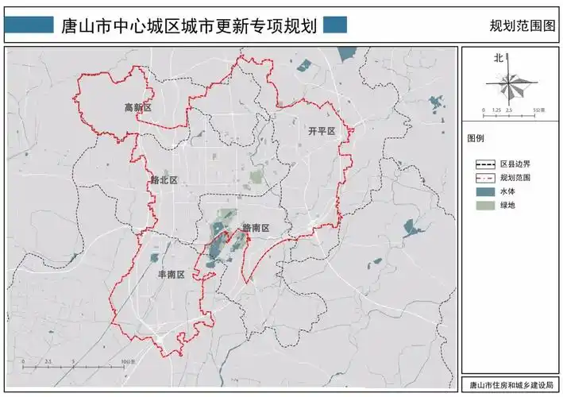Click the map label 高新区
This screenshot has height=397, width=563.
click(137, 107)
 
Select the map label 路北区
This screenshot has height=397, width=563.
click(164, 180)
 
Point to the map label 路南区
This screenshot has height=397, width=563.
click(256, 228)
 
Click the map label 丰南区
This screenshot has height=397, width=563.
click(171, 275)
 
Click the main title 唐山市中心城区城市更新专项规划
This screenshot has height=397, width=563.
click(189, 25)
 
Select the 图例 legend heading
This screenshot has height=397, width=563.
click(476, 137)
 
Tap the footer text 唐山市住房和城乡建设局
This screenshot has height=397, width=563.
click(508, 386)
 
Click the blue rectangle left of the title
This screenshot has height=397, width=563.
click(31, 25)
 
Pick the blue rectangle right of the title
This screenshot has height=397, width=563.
click(335, 25)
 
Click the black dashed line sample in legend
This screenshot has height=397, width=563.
click(486, 164)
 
